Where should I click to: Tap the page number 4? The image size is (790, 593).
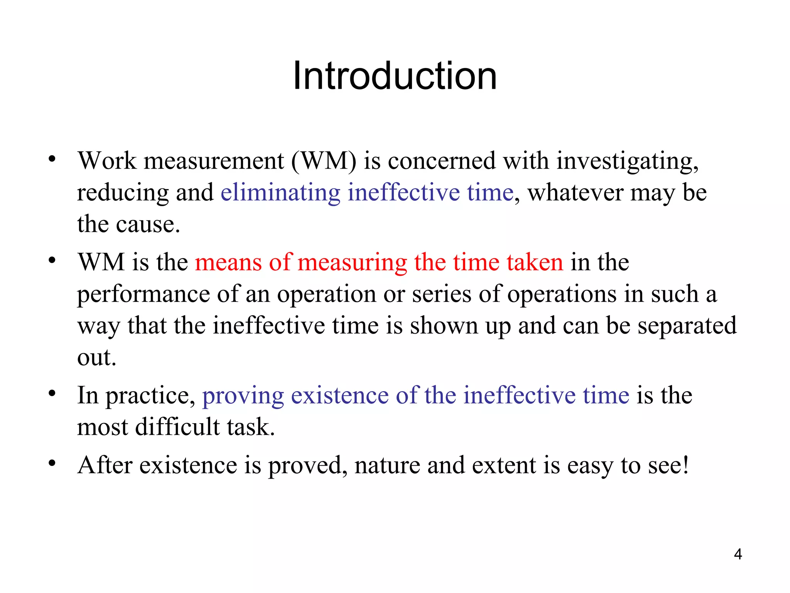click(738, 554)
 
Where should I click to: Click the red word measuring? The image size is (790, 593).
click(352, 263)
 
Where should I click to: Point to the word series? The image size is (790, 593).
click(442, 294)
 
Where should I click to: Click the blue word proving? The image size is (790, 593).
click(243, 396)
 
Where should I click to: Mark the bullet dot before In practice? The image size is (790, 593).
click(52, 394)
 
